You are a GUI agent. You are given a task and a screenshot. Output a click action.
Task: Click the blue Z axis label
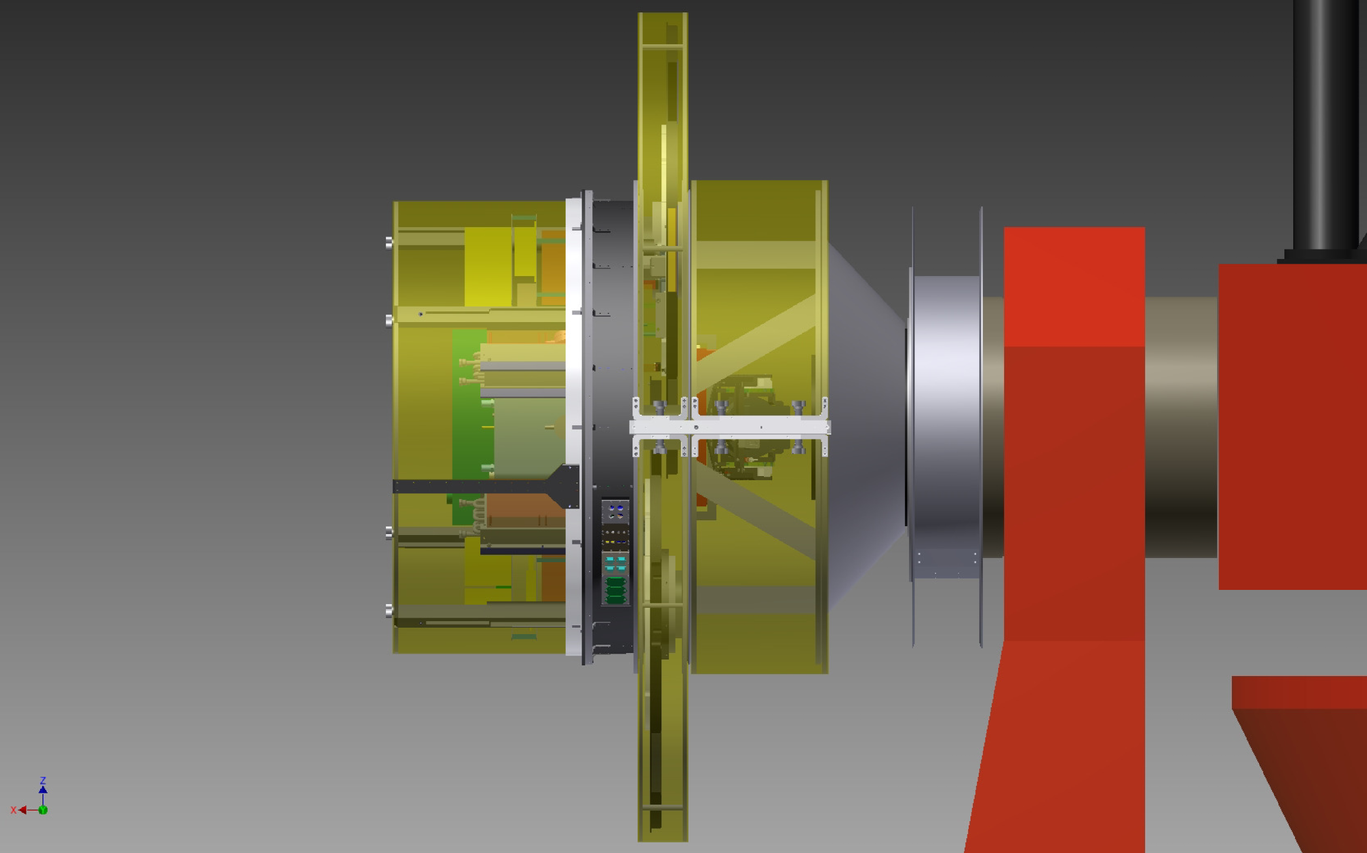[42, 780]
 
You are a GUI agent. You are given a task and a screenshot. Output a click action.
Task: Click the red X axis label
[13, 810]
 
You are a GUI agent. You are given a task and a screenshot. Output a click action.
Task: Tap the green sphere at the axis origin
[42, 810]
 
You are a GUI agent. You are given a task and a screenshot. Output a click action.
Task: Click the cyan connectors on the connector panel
[615, 563]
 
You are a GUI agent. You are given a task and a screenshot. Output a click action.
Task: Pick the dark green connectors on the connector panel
[615, 590]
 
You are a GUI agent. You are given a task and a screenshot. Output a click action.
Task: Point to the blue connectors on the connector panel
[615, 511]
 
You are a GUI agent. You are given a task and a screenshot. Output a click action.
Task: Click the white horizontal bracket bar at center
[730, 426]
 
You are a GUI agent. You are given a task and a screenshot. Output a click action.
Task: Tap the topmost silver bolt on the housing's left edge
[389, 242]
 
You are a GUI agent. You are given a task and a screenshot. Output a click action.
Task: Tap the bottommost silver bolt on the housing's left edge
[389, 611]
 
